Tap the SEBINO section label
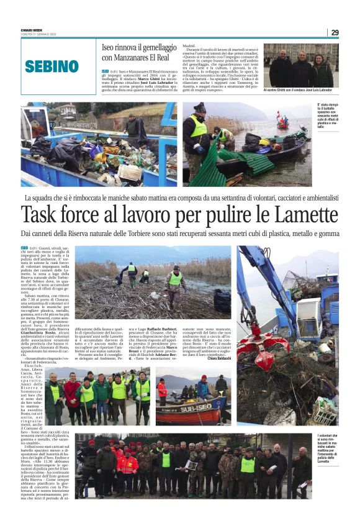click(53, 66)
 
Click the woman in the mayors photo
click(322, 70)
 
